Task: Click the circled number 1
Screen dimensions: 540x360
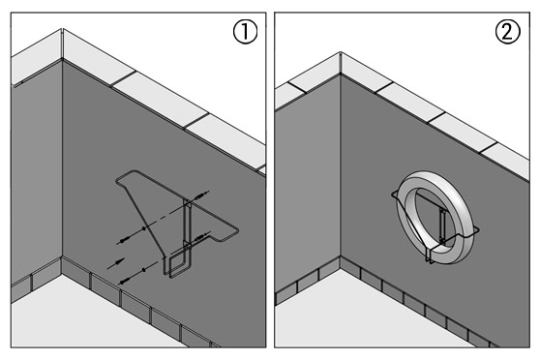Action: (x=245, y=32)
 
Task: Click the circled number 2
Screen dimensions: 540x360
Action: (x=508, y=32)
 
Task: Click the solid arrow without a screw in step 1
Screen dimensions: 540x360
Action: (x=116, y=263)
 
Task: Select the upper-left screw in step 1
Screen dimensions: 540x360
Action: (x=124, y=240)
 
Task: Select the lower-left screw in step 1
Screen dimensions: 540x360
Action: (x=125, y=281)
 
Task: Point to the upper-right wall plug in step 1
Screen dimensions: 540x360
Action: (x=201, y=195)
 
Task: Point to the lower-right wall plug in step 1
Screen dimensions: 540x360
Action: (x=202, y=236)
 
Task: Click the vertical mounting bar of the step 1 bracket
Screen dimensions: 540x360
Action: (x=187, y=224)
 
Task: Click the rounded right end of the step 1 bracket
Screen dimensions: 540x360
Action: (x=236, y=231)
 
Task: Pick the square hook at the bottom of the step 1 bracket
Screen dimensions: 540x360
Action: (x=176, y=264)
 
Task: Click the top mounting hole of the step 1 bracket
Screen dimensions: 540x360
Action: (x=188, y=203)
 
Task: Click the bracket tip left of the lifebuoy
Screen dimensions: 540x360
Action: (x=394, y=195)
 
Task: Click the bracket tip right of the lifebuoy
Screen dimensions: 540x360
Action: (x=477, y=229)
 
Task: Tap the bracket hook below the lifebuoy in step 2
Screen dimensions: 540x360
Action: (x=430, y=255)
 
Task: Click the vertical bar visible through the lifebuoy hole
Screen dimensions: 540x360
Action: (x=442, y=224)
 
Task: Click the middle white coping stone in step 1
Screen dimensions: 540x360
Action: (x=160, y=101)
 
